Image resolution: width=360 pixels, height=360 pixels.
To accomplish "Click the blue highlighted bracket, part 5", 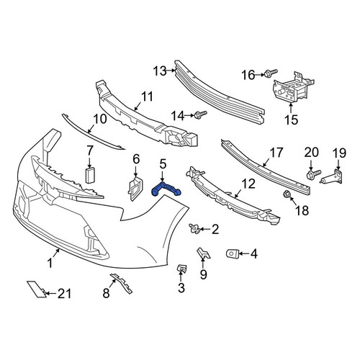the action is (166, 189).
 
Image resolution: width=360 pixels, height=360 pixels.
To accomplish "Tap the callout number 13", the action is (160, 71).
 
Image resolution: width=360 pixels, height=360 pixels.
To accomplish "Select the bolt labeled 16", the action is (271, 73).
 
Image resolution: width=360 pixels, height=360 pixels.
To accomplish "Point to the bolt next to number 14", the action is (200, 114).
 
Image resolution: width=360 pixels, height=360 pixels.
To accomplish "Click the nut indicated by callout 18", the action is (287, 194).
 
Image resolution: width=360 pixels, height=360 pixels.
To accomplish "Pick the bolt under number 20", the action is (313, 174).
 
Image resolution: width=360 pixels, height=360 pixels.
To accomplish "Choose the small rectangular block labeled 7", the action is (90, 176).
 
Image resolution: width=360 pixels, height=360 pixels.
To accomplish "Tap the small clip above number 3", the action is (182, 269).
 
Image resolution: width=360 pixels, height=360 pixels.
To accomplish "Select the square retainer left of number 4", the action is (232, 254).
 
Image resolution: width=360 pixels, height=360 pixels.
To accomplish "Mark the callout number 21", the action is (64, 294).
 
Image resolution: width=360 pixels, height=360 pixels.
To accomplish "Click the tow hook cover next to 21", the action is (36, 289).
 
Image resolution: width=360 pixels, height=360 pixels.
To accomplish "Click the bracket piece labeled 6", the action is (135, 189).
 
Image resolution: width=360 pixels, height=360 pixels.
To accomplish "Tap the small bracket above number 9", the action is (203, 253).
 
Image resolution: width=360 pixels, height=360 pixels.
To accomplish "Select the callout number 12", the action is (248, 184).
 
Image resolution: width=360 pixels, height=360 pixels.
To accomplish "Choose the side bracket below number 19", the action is (333, 177).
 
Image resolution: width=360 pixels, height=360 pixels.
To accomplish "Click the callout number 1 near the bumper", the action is (50, 264).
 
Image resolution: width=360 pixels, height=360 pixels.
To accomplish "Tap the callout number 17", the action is (276, 153).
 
